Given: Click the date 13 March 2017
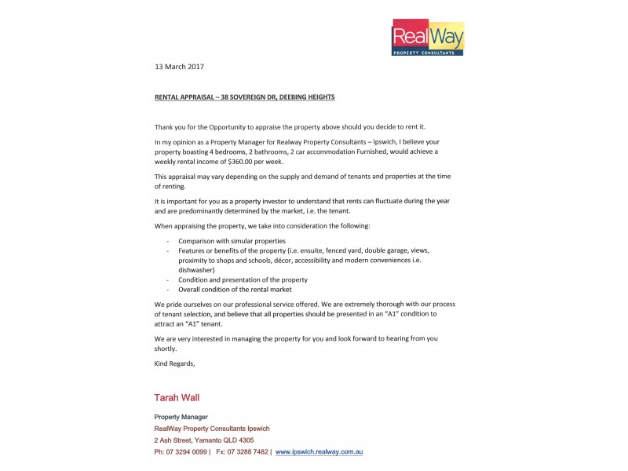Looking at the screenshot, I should (x=179, y=67).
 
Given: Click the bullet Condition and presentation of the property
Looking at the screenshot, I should (x=243, y=279).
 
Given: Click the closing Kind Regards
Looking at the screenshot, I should (x=174, y=363).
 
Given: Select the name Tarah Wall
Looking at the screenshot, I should (x=177, y=398).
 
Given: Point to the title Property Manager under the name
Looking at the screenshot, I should (x=181, y=417).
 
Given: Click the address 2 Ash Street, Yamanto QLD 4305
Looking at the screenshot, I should (x=203, y=440).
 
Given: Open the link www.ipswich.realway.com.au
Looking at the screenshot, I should (x=319, y=452).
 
